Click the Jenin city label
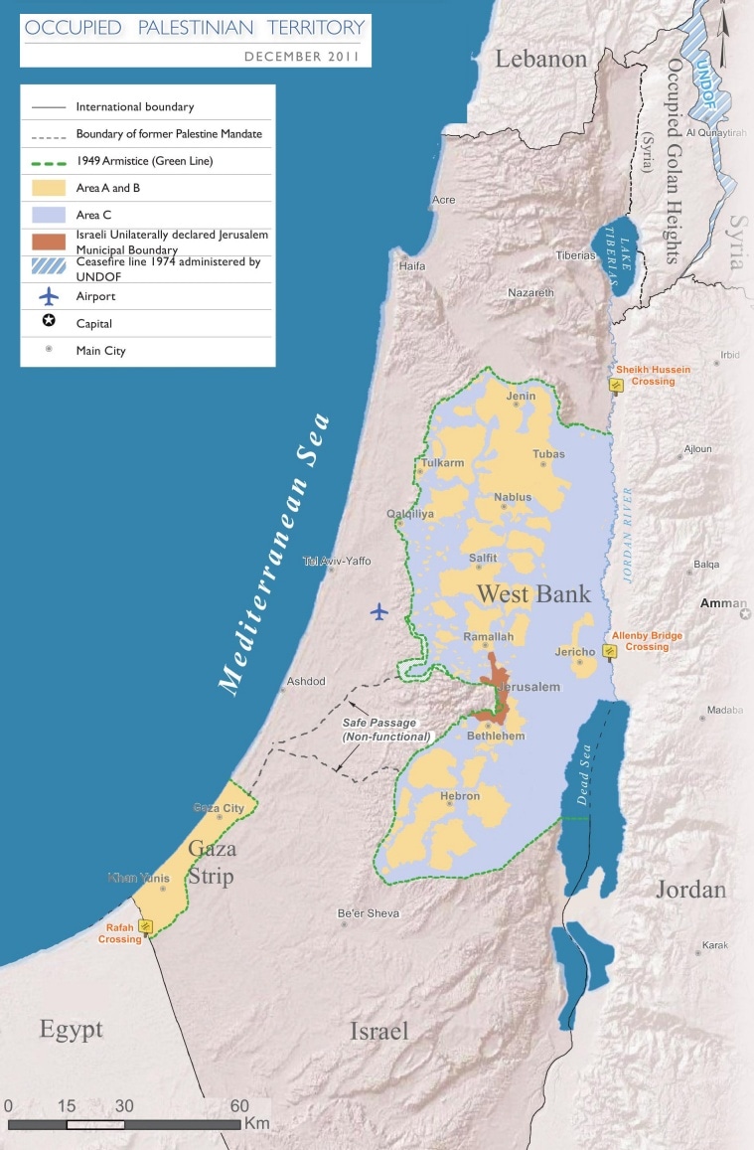pos(521,397)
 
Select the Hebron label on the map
pos(460,796)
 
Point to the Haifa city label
pos(411,266)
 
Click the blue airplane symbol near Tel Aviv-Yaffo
pos(378,611)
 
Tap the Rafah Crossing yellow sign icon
pos(146,926)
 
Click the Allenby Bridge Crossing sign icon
pos(610,651)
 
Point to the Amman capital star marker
pos(745,615)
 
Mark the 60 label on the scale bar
pos(239,1105)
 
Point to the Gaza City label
pos(219,808)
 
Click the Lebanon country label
pos(541,60)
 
